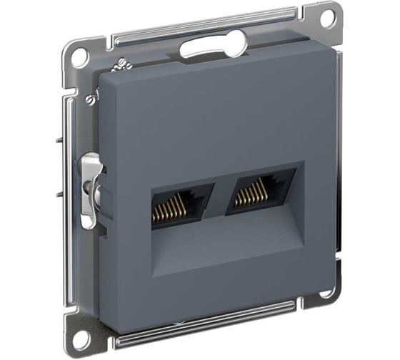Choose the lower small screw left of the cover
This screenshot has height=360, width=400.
91,101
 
